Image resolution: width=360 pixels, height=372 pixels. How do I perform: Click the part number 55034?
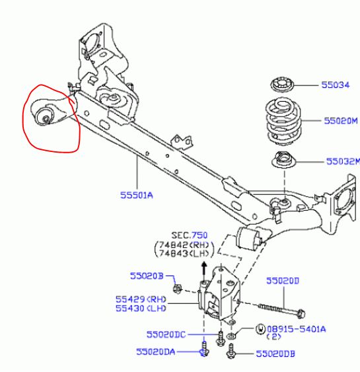[336, 85]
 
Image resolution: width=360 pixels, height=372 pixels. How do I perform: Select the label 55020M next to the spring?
[341, 121]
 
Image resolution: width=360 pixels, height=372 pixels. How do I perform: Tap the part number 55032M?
[343, 162]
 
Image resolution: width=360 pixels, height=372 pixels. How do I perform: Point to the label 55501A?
[137, 196]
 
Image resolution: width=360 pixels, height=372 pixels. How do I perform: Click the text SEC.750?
[190, 235]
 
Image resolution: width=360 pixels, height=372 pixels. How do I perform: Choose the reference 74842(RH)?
[184, 245]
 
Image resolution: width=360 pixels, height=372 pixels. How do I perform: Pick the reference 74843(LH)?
[184, 254]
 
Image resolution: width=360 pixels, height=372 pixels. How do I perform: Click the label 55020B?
[147, 276]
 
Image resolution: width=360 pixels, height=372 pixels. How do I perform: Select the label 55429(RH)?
[141, 299]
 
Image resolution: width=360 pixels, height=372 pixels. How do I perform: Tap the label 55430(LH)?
[141, 309]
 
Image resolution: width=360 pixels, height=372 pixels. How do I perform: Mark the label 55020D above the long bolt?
[283, 281]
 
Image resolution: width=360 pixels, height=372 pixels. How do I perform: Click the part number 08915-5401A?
[297, 329]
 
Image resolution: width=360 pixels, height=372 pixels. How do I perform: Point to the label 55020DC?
[166, 334]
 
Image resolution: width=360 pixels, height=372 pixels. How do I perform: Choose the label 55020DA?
[156, 352]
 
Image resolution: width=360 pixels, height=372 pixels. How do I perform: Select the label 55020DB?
[275, 354]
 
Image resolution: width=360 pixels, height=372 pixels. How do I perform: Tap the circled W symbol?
[260, 329]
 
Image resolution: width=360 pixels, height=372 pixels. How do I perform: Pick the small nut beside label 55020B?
[177, 289]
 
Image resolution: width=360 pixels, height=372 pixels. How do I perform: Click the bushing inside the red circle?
[44, 116]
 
